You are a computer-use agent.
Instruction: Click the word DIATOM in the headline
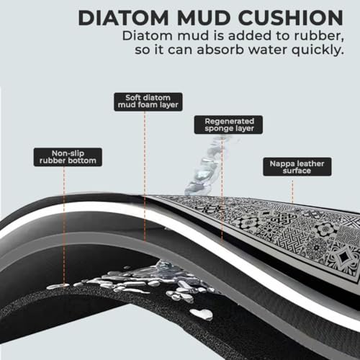[x=123, y=18]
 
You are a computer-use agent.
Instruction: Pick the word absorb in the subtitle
[x=220, y=50]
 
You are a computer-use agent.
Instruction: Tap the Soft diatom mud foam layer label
[x=148, y=102]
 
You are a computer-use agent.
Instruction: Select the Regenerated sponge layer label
[x=228, y=125]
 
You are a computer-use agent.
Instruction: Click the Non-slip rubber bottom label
[x=68, y=157]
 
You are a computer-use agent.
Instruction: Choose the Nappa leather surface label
[x=297, y=167]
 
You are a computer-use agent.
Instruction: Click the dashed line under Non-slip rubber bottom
[x=64, y=225]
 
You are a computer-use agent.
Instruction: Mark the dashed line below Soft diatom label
[x=145, y=176]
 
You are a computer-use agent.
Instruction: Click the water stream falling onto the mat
[x=207, y=166]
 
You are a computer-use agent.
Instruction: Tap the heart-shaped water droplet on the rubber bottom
[x=202, y=314]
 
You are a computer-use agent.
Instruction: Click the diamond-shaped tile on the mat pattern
[x=343, y=257]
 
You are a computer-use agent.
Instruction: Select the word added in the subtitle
[x=250, y=36]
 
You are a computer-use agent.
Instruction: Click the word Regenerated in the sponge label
[x=229, y=121]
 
